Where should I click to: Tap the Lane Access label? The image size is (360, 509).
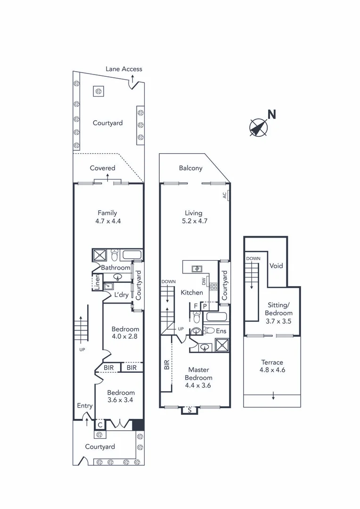tap(123, 69)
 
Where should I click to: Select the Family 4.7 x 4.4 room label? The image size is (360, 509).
tap(107, 216)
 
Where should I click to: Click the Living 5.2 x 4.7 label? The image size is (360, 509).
tap(194, 216)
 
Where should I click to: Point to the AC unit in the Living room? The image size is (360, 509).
tap(226, 195)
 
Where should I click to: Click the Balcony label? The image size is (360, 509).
tap(190, 168)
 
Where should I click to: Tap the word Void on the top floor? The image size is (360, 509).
tap(276, 266)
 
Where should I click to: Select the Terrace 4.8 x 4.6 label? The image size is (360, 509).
tap(272, 366)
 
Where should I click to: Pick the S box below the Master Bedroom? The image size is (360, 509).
tap(189, 410)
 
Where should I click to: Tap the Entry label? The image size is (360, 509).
tap(85, 406)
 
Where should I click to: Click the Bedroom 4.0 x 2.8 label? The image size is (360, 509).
tap(125, 333)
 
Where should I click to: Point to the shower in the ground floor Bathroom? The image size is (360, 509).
tap(100, 255)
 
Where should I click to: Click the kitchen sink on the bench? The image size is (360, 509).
tap(196, 269)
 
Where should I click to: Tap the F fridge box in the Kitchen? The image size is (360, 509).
tap(196, 305)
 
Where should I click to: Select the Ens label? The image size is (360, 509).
tap(221, 331)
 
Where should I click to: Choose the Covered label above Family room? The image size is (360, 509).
tap(103, 168)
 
